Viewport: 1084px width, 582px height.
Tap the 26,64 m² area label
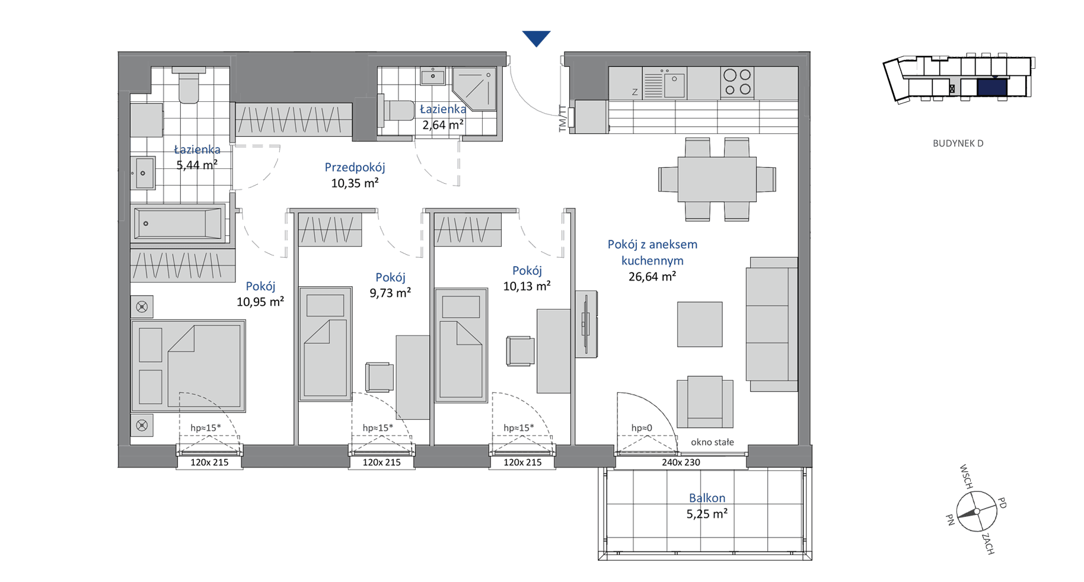coord(652,276)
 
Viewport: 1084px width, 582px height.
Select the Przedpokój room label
coord(355,168)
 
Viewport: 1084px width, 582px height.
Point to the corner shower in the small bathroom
coord(474,89)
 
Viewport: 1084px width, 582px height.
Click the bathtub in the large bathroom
coord(177,224)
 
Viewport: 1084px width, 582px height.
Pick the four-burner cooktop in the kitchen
coord(737,82)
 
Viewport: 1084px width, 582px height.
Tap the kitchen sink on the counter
coord(674,84)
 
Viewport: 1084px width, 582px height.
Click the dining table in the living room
coord(716,179)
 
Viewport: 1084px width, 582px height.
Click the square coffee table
coord(700,324)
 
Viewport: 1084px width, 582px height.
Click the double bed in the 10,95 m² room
coord(189,366)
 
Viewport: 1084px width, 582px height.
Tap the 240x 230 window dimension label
coord(681,462)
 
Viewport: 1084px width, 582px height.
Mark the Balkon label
coord(707,498)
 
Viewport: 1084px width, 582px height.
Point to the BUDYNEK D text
coord(958,143)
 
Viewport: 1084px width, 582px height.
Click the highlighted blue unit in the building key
coord(991,88)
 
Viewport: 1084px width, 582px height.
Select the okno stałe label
coord(712,442)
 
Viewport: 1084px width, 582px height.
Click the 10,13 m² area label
coord(527,286)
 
